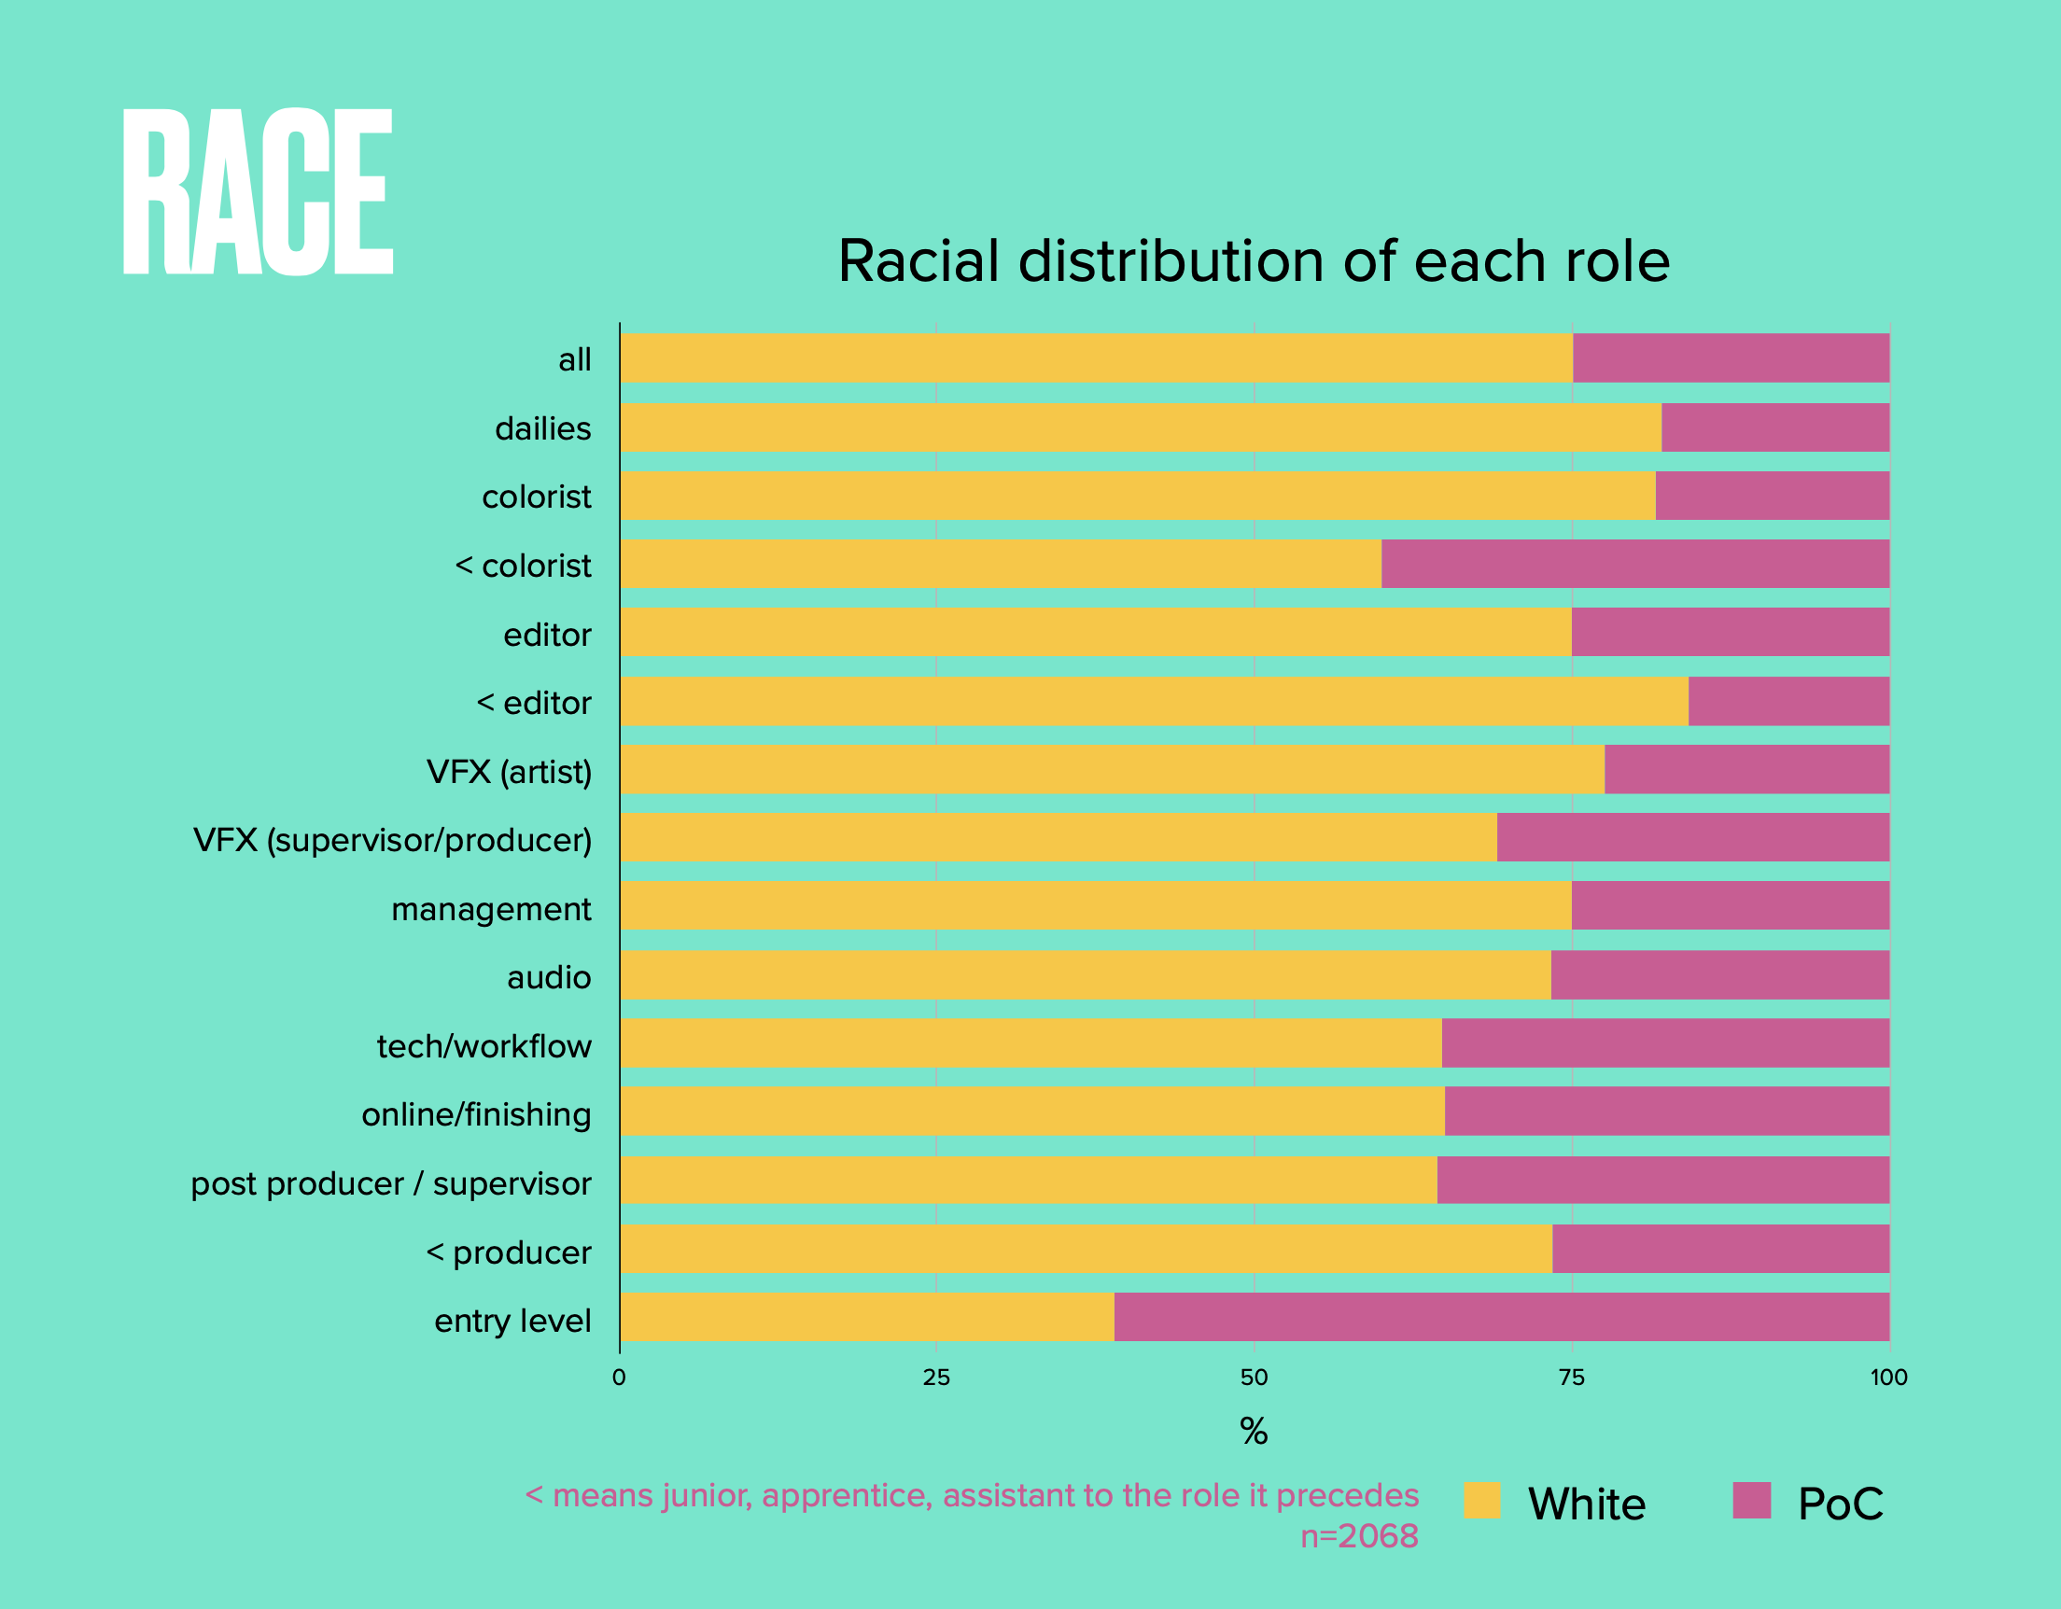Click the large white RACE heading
click(258, 191)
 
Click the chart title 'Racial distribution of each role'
click(1254, 260)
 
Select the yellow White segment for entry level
click(866, 1317)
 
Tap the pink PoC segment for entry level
click(1500, 1317)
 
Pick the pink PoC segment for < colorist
click(1634, 564)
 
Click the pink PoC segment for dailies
click(1774, 427)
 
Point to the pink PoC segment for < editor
click(1788, 701)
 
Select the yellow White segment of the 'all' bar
click(1096, 357)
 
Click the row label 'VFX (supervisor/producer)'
click(393, 840)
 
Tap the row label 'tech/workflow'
click(484, 1045)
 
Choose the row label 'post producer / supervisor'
click(391, 1183)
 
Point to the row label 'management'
click(491, 909)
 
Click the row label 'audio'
click(548, 978)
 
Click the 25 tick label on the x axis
click(936, 1378)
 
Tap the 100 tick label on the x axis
click(1888, 1378)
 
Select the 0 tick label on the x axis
click(619, 1378)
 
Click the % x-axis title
click(1254, 1432)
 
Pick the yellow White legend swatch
click(1481, 1501)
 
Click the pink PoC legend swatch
click(1751, 1501)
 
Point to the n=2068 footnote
click(1359, 1536)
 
